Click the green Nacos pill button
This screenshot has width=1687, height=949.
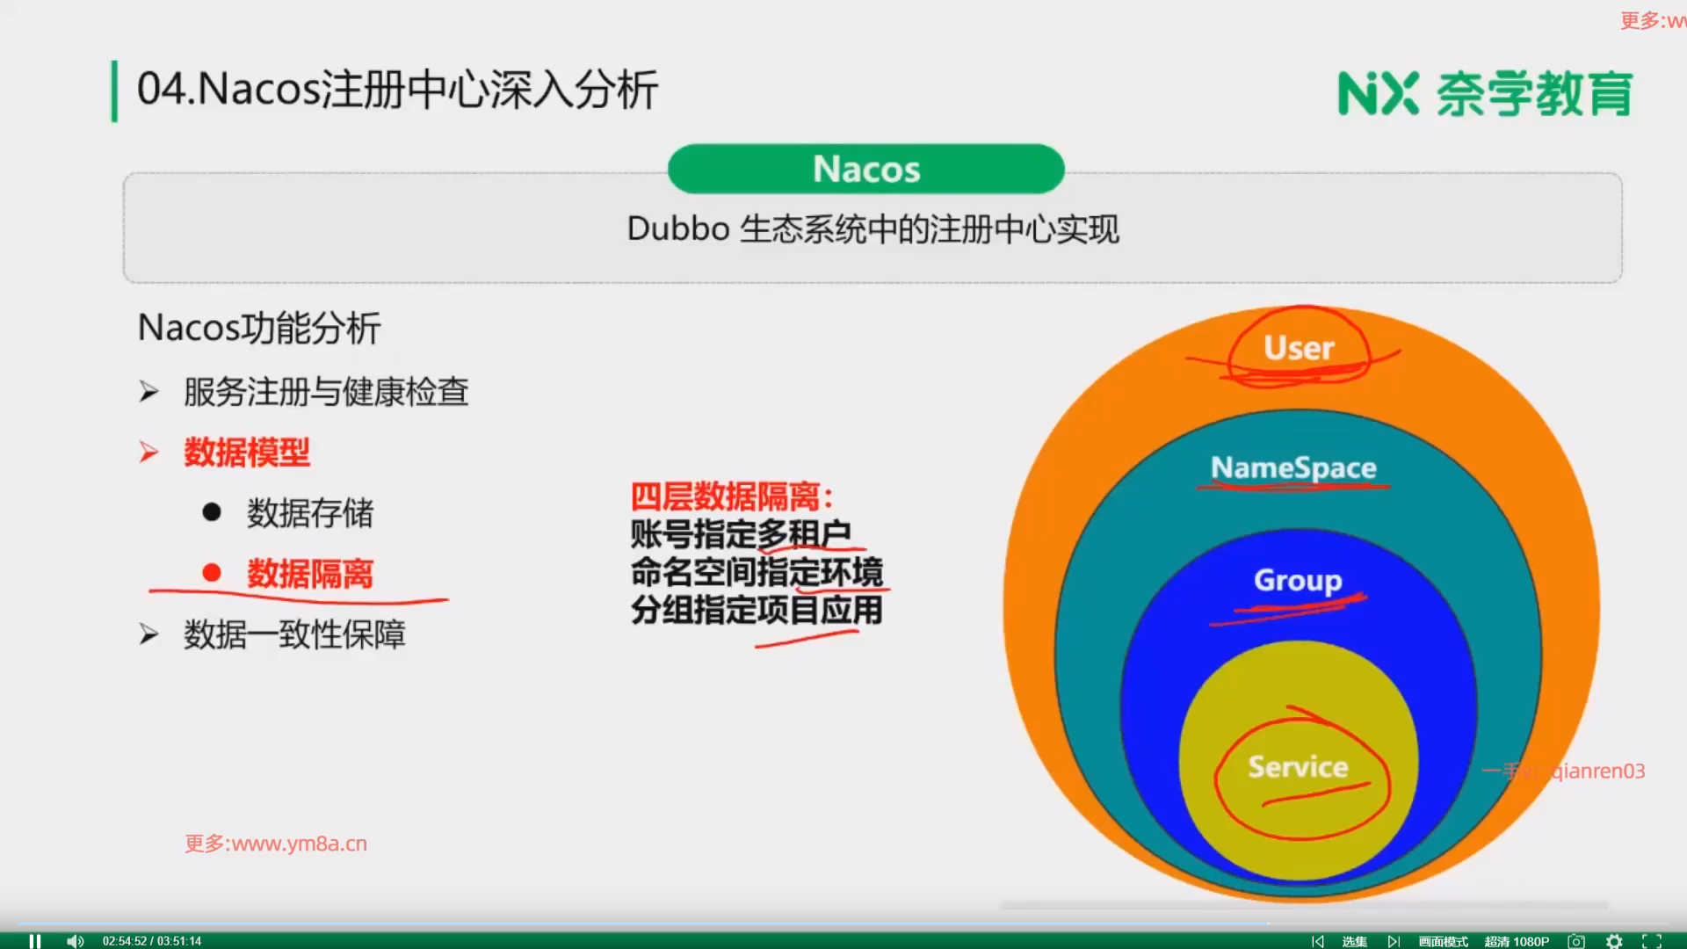click(866, 169)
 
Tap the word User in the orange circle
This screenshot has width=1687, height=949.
click(1299, 348)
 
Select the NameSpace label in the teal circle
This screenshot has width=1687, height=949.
click(1293, 467)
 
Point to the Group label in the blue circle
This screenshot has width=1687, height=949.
click(1298, 581)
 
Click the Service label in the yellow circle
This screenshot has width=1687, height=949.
click(1298, 767)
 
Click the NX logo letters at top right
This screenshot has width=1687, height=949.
click(1378, 94)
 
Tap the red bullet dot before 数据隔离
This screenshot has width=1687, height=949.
click(211, 573)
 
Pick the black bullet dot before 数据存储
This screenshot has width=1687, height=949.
click(211, 512)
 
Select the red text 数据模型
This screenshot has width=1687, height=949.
click(247, 453)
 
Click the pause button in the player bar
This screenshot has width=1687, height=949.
click(35, 941)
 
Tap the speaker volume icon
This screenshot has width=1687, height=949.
click(76, 941)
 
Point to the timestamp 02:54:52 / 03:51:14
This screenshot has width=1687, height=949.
click(152, 941)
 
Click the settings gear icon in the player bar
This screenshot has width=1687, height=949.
click(1614, 941)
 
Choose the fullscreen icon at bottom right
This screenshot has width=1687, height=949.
click(1652, 941)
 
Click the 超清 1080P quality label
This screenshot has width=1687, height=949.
click(1517, 941)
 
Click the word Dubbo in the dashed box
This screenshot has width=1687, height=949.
click(678, 228)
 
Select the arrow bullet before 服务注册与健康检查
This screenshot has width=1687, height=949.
click(148, 392)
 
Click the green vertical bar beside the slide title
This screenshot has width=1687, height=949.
click(114, 91)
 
